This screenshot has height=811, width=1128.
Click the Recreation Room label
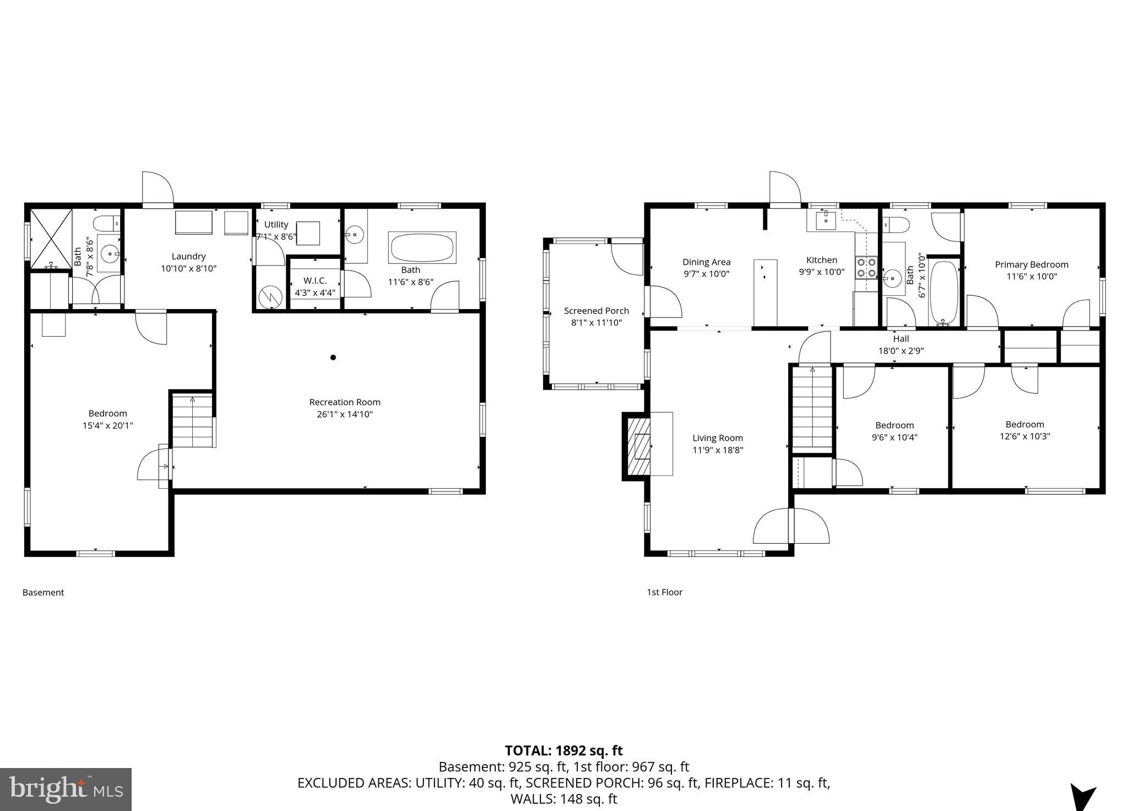(x=345, y=402)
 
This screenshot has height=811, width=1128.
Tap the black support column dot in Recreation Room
(x=333, y=358)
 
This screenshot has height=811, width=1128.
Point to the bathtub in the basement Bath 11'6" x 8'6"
(x=422, y=247)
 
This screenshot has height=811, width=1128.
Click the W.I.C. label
(x=315, y=280)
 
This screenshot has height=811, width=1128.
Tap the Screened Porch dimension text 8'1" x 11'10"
(x=596, y=323)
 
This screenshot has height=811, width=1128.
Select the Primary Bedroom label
(x=1032, y=264)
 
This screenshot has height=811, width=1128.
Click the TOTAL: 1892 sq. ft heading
(x=563, y=750)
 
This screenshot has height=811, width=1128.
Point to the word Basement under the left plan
(x=43, y=592)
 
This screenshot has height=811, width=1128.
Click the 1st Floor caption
(x=664, y=592)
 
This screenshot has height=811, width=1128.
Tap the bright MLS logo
(x=66, y=789)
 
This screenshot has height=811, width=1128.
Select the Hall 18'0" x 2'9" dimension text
(x=901, y=350)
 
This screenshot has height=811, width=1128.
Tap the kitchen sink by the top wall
(x=826, y=220)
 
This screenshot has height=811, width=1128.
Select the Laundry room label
(x=188, y=256)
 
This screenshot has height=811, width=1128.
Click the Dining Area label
(x=706, y=262)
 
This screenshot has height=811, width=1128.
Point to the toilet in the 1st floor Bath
(x=893, y=225)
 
